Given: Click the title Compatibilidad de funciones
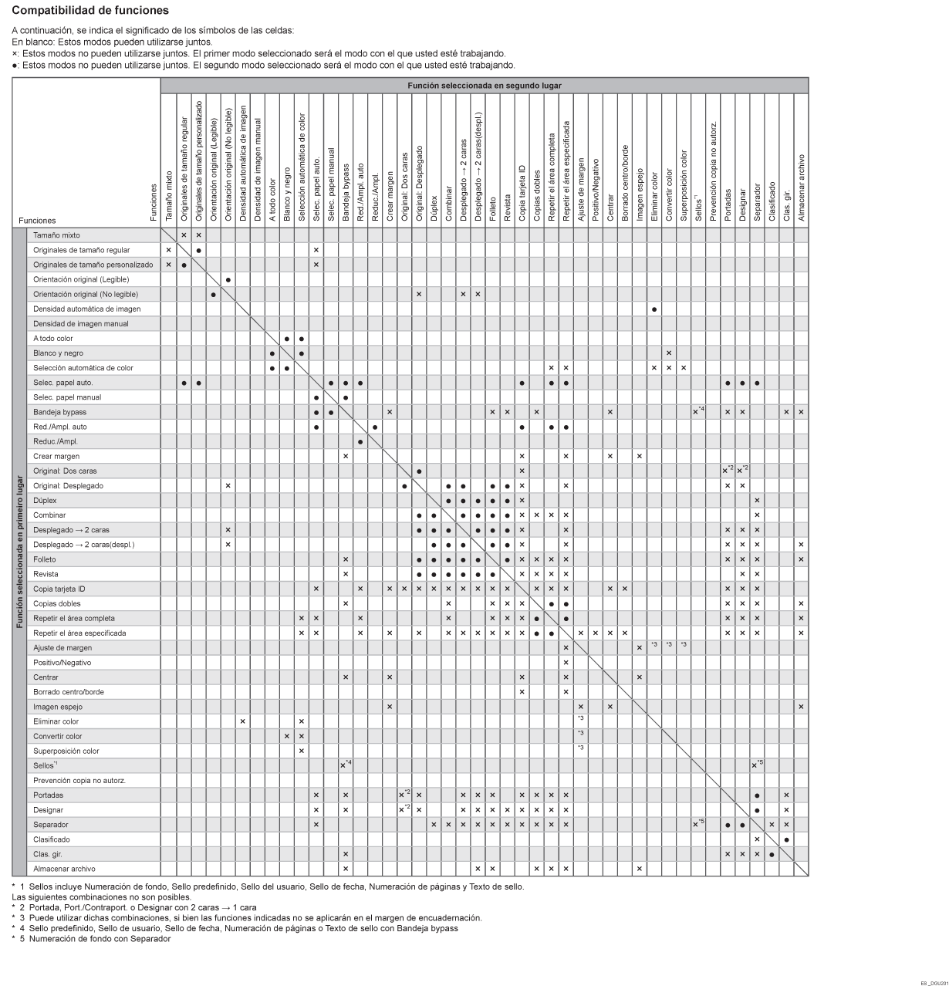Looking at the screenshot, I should [90, 11].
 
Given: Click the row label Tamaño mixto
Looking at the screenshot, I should [56, 235].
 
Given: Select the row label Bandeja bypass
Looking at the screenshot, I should [60, 412].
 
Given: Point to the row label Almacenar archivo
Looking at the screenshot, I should [64, 869].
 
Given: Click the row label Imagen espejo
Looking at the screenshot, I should [58, 707].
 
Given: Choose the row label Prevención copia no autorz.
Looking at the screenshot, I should [79, 781].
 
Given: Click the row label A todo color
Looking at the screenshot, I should [53, 339].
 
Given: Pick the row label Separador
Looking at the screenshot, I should [51, 825].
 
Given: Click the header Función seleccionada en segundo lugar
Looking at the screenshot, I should [485, 86].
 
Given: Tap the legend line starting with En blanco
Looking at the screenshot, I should [113, 42].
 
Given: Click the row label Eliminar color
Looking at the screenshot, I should [56, 721].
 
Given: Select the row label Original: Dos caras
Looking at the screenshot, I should [65, 471].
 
